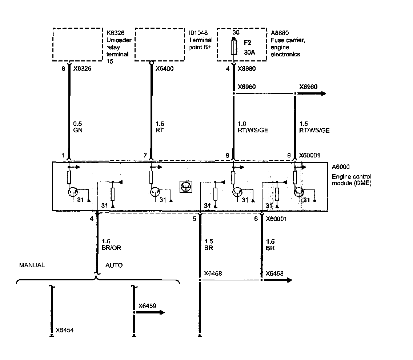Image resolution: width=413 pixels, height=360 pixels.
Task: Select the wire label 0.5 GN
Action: coord(77,127)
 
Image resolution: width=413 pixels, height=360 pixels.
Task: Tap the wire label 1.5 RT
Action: coord(159,127)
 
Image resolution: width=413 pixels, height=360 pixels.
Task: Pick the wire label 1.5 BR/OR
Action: coord(112,245)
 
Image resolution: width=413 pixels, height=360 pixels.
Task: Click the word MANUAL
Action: coord(32,265)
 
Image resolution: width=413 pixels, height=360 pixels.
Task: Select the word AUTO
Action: coord(114,265)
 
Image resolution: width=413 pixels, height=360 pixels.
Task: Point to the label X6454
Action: coord(66,331)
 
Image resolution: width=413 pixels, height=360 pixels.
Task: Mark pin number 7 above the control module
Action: coord(145,156)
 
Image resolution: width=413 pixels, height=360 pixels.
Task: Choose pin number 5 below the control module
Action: coord(194,219)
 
